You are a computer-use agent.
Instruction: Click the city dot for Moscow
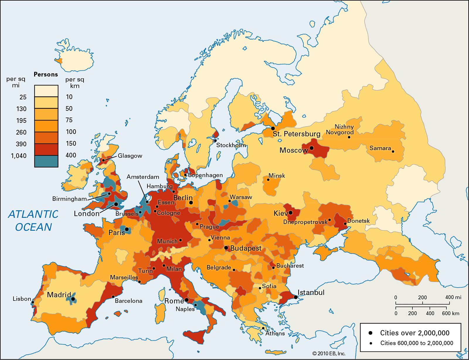312,148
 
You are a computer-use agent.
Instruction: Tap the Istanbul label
311,292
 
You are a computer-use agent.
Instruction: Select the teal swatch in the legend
46,161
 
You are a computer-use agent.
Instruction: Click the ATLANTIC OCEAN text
33,220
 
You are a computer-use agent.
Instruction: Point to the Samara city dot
393,152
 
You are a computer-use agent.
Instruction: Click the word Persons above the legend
46,74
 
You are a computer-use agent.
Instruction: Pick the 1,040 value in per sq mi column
19,156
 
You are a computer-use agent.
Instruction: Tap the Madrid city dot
73,299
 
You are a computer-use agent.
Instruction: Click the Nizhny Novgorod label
340,129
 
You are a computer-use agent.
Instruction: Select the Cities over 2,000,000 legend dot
371,333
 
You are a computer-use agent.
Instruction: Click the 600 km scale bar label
451,313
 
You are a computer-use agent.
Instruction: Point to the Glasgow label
130,156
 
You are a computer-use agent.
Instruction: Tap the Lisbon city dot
33,302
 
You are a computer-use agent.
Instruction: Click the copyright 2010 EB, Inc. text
329,354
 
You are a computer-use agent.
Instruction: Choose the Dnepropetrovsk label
305,222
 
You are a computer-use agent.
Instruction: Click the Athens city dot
263,328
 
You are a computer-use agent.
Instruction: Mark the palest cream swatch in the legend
46,91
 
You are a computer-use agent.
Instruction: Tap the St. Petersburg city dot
273,128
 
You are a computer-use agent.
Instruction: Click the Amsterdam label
143,177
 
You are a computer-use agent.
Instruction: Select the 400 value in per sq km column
71,155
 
